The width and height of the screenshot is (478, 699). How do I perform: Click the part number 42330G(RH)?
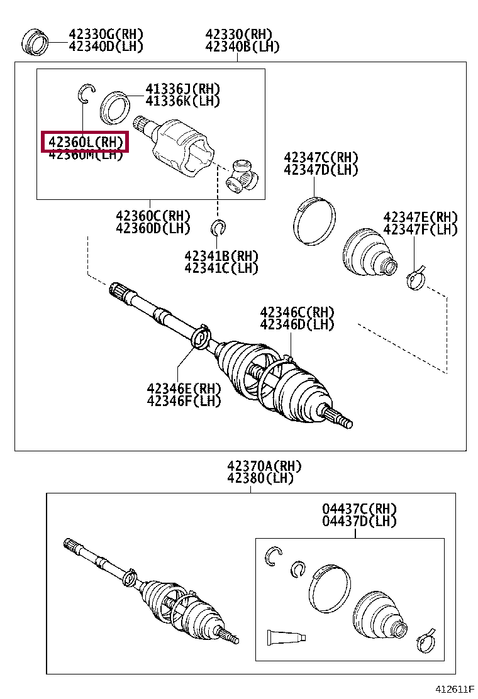pyautogui.click(x=106, y=34)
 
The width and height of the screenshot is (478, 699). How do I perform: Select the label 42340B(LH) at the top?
pyautogui.click(x=242, y=47)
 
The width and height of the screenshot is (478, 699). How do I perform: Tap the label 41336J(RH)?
pyautogui.click(x=183, y=89)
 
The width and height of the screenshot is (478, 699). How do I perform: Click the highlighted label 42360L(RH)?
pyautogui.click(x=85, y=142)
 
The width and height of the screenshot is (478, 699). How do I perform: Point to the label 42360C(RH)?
pyautogui.click(x=153, y=216)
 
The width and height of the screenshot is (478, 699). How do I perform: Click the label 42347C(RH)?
pyautogui.click(x=321, y=157)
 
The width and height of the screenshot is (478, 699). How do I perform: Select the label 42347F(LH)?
pyautogui.click(x=420, y=230)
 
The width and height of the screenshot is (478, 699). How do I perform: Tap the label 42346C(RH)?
pyautogui.click(x=297, y=312)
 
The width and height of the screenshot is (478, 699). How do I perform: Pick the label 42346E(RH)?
pyautogui.click(x=184, y=388)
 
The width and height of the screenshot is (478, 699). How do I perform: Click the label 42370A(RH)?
pyautogui.click(x=264, y=466)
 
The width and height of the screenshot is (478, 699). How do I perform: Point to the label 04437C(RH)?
pyautogui.click(x=360, y=509)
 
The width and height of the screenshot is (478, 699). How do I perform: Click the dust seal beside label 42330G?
pyautogui.click(x=36, y=41)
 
